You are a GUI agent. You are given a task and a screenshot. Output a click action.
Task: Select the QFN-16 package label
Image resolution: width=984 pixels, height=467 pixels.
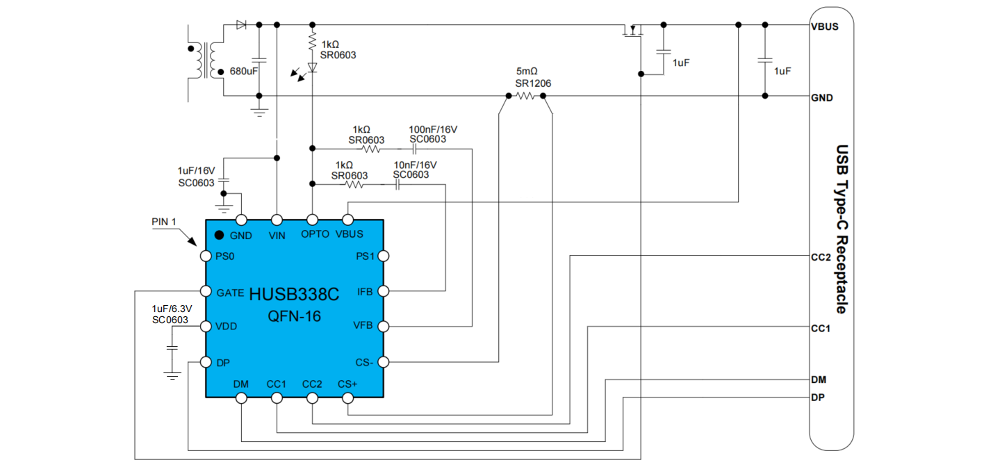(x=295, y=316)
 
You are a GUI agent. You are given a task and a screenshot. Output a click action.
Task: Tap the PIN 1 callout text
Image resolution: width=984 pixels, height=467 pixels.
(x=165, y=222)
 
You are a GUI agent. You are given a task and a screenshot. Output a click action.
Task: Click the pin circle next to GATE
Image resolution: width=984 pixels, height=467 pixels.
(x=206, y=291)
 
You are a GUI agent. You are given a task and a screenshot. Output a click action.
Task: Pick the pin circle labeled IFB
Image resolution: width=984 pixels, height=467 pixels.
(x=383, y=291)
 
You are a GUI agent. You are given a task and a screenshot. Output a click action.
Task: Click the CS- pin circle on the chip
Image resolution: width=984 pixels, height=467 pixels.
(x=383, y=362)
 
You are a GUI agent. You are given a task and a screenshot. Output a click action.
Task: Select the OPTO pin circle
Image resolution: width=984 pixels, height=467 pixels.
(x=312, y=220)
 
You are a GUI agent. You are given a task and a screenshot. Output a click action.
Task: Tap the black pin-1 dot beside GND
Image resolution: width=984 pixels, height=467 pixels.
(x=219, y=235)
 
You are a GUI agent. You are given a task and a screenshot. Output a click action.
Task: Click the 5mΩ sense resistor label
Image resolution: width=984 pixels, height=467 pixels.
(x=527, y=72)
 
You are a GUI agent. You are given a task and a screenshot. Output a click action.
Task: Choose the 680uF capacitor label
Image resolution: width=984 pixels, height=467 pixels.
(x=244, y=72)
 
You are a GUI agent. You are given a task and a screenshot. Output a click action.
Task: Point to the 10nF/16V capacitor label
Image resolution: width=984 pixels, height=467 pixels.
(x=415, y=165)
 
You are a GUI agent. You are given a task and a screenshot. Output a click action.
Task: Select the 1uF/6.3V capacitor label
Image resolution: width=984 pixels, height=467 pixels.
(x=170, y=308)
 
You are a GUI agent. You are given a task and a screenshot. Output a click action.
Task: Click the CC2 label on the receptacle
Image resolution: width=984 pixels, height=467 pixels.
(x=821, y=256)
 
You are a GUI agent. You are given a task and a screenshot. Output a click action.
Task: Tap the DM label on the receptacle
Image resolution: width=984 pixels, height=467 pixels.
(x=819, y=379)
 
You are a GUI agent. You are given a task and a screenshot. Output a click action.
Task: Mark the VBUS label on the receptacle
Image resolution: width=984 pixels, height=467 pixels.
(x=824, y=27)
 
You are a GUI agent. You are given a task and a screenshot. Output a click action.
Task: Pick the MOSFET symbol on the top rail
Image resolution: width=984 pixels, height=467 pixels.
(x=633, y=31)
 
